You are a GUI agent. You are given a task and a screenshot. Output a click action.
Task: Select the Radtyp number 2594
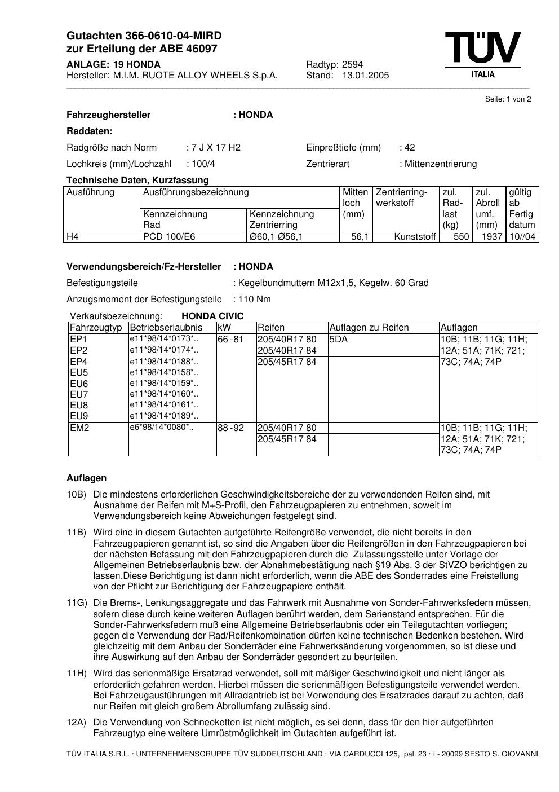click(x=352, y=64)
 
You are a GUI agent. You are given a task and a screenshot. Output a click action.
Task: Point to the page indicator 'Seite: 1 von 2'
click(x=508, y=99)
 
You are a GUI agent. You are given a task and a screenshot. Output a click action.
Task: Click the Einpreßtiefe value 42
click(x=409, y=148)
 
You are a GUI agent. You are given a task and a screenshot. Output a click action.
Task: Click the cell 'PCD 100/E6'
click(x=169, y=237)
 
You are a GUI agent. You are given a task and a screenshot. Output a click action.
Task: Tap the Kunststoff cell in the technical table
click(x=415, y=237)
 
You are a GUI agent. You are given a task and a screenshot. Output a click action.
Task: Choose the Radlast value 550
click(x=461, y=237)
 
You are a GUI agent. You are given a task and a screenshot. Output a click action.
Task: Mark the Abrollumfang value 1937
click(x=491, y=237)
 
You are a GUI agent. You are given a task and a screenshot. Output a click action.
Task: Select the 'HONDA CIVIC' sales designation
click(x=212, y=316)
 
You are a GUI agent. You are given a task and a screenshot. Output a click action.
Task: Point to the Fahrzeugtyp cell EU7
click(x=79, y=394)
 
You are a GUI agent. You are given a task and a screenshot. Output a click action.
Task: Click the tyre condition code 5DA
click(x=339, y=340)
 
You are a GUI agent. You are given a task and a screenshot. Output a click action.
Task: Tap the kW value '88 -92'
click(x=231, y=428)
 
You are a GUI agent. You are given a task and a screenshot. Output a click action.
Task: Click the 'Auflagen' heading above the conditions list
click(x=86, y=478)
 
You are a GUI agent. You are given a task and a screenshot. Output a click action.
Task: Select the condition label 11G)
click(x=77, y=603)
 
